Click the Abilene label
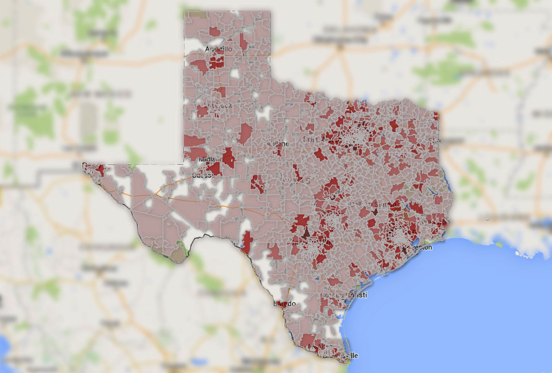(278, 144)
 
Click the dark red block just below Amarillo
(216, 61)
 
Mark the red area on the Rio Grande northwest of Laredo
(246, 242)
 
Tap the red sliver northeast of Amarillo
(243, 41)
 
